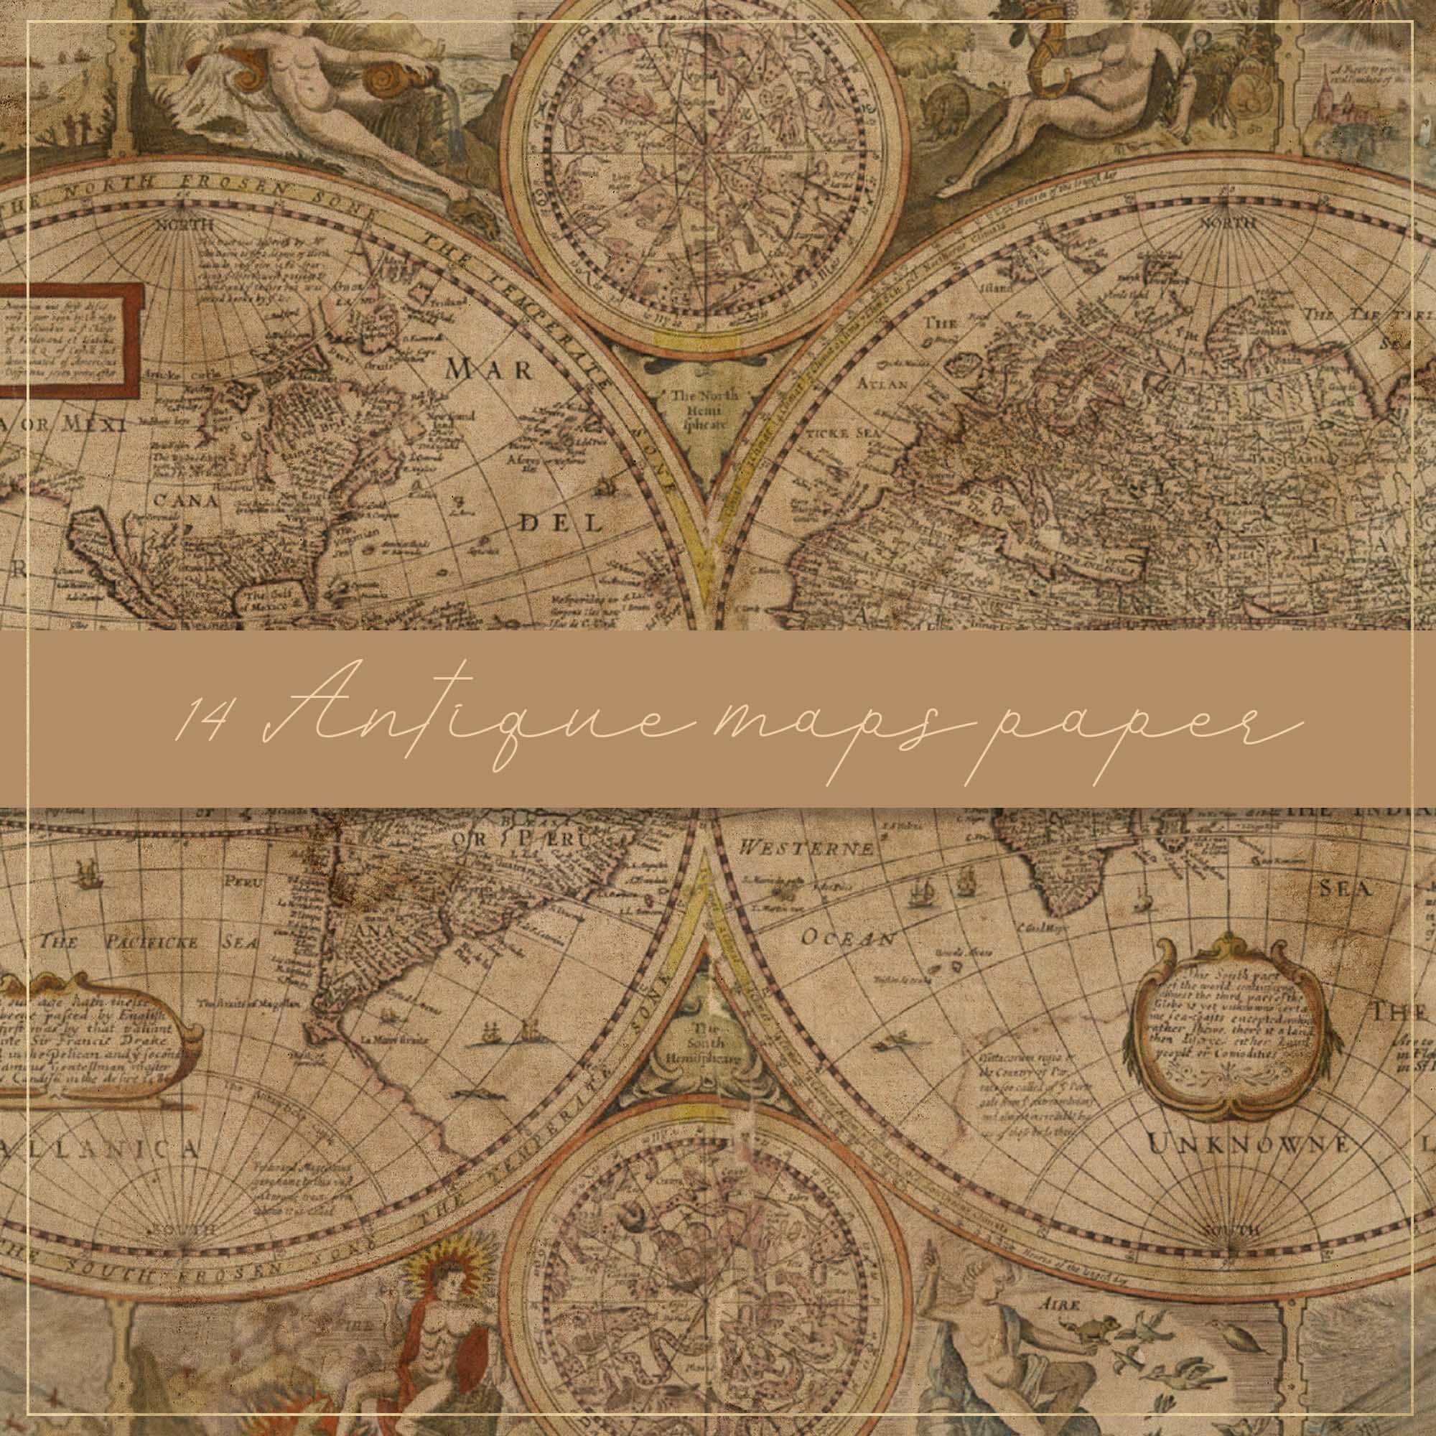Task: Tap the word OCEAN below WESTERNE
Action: click(847, 937)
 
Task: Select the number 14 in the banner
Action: click(200, 720)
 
